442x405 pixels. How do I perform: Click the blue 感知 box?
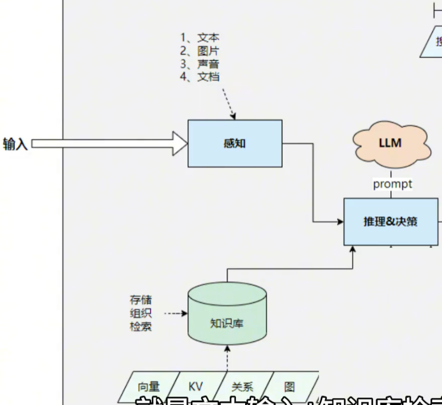pyautogui.click(x=234, y=143)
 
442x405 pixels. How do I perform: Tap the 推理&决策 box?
pyautogui.click(x=390, y=221)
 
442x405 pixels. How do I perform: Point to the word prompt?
pyautogui.click(x=393, y=184)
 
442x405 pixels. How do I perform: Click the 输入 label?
pyautogui.click(x=15, y=144)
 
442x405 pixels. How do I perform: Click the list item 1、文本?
pyautogui.click(x=200, y=38)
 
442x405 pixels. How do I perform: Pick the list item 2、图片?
pyautogui.click(x=200, y=51)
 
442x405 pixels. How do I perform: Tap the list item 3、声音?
pyautogui.click(x=200, y=64)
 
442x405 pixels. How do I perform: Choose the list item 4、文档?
pyautogui.click(x=200, y=77)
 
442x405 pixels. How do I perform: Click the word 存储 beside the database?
pyautogui.click(x=141, y=300)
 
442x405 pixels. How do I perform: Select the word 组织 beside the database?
pyautogui.click(x=141, y=313)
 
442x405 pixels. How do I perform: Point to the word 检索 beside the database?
pyautogui.click(x=141, y=327)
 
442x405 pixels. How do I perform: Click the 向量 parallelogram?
pyautogui.click(x=149, y=387)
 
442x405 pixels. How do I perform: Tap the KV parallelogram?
pyautogui.click(x=195, y=387)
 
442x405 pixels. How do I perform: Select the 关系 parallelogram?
pyautogui.click(x=242, y=387)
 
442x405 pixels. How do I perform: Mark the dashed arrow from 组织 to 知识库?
pyautogui.click(x=176, y=313)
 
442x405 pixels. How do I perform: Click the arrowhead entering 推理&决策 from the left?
pyautogui.click(x=340, y=221)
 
